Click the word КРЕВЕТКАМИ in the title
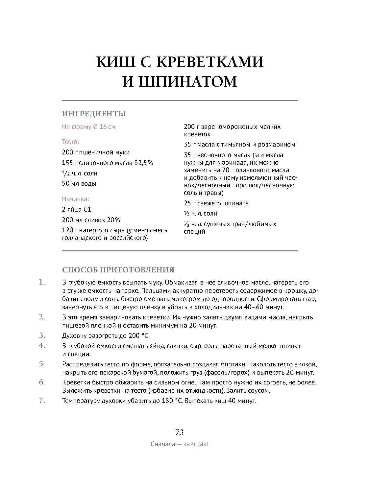click(209, 62)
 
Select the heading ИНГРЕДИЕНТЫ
click(94, 114)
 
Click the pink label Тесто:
click(71, 142)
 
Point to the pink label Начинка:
click(76, 199)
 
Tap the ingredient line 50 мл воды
click(79, 184)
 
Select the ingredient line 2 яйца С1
click(76, 210)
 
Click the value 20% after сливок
click(113, 220)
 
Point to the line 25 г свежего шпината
click(216, 203)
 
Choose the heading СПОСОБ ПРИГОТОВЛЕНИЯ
click(118, 270)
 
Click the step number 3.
click(42, 335)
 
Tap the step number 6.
click(42, 382)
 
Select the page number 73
click(180, 432)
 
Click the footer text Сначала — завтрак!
click(180, 444)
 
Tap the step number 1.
click(42, 282)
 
